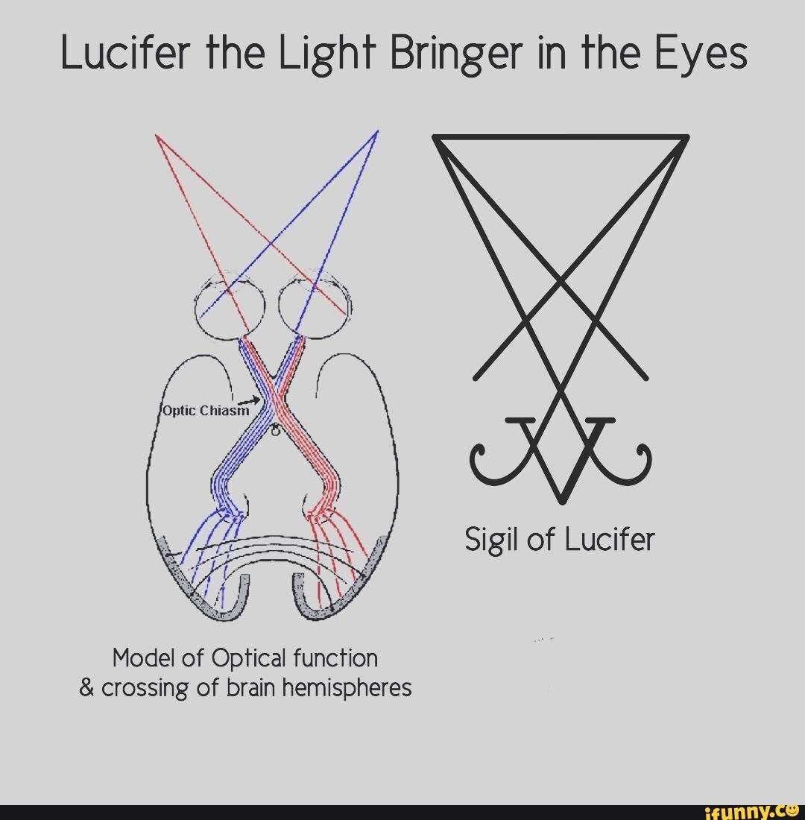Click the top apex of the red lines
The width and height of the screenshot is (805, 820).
(156, 136)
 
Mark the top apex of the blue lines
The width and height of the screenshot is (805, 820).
(378, 132)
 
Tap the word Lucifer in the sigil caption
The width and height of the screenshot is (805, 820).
(612, 539)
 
